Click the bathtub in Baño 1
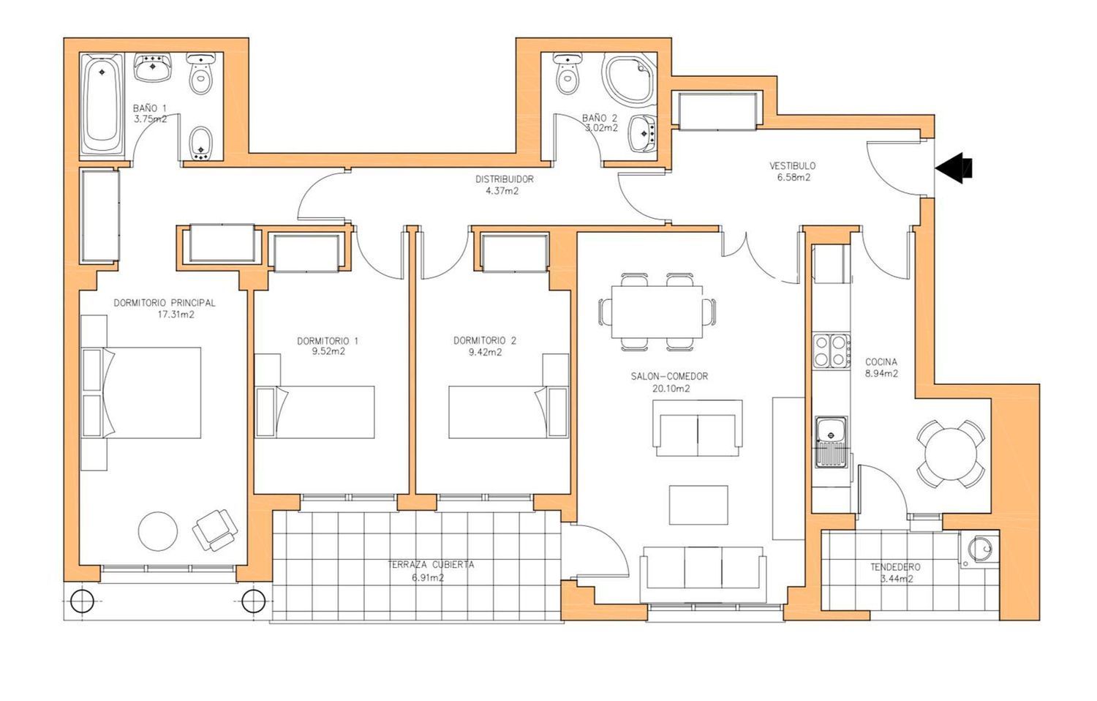click(102, 104)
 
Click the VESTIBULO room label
click(792, 165)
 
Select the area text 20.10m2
click(671, 389)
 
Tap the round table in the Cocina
click(950, 454)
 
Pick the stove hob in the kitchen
click(832, 350)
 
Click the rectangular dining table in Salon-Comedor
click(657, 312)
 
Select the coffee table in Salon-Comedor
click(698, 505)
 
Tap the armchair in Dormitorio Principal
click(215, 530)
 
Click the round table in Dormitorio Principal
click(158, 531)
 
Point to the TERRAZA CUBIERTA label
click(431, 564)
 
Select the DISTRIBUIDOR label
click(505, 179)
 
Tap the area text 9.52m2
click(328, 351)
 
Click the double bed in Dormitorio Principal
click(141, 393)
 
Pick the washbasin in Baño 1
click(153, 67)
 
